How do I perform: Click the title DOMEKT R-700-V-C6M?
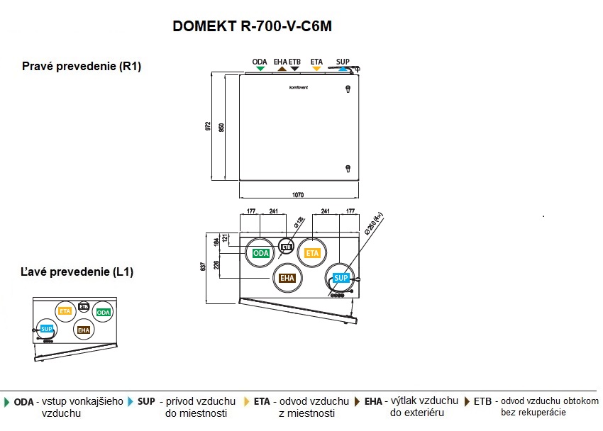tap(253, 26)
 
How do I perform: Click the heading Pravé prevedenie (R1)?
tap(82, 67)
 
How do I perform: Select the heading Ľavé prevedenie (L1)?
tap(77, 272)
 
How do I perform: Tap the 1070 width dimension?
tap(298, 194)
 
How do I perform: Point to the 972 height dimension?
tap(208, 126)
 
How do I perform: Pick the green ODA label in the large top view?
tap(260, 254)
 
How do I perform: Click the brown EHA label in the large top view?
tap(287, 278)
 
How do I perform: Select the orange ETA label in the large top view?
tap(312, 253)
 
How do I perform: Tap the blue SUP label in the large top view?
tap(341, 278)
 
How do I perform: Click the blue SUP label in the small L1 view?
tap(47, 329)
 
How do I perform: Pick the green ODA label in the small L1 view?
tap(103, 313)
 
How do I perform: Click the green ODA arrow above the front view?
tap(260, 69)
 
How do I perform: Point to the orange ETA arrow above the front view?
tap(316, 69)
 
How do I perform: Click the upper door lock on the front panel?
tap(348, 89)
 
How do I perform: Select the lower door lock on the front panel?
tap(348, 168)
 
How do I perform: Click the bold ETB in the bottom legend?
tap(482, 401)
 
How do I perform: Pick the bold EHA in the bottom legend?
tap(373, 401)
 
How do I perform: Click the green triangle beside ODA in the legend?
tap(7, 402)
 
